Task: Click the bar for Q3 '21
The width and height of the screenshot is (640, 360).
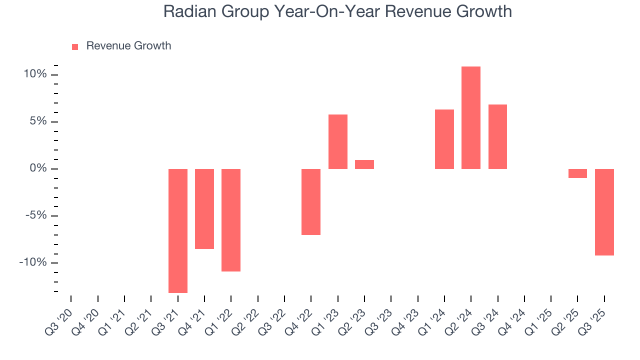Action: [178, 230]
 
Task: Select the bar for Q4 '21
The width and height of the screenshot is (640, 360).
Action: [204, 208]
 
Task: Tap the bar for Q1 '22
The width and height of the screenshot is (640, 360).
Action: [231, 220]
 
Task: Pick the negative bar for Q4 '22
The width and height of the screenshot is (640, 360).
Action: [311, 201]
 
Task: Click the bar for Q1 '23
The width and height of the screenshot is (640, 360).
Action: [338, 141]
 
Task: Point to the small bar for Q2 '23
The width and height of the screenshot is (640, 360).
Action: [364, 164]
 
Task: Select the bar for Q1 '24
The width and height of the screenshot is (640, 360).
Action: [444, 139]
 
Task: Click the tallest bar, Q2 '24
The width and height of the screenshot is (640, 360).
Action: [471, 117]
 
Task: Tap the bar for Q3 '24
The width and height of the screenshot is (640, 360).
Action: [497, 136]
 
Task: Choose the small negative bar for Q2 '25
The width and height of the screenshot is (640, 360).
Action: [577, 173]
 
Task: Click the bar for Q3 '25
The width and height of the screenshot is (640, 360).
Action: [604, 212]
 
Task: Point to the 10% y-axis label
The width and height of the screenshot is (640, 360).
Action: [34, 74]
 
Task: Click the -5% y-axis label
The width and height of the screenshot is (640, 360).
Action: [34, 215]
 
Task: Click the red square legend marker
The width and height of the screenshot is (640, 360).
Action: [75, 46]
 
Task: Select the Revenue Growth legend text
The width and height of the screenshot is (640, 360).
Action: [128, 46]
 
